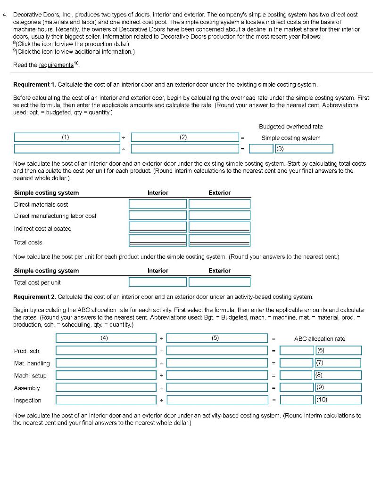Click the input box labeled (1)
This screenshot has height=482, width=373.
point(66,137)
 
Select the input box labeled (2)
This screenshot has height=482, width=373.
point(184,137)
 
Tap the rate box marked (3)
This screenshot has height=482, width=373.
point(303,149)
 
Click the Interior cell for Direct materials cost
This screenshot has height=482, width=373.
point(158,204)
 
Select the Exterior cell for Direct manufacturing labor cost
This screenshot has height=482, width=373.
point(220,216)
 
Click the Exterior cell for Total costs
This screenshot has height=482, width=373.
point(220,241)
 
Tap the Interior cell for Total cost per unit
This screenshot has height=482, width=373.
point(158,282)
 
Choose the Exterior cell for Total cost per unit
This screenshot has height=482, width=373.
point(220,282)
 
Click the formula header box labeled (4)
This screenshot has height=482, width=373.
point(106,338)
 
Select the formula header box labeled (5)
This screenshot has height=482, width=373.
point(217,338)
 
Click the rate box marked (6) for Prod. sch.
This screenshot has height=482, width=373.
point(338,351)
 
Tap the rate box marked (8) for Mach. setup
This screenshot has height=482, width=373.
point(338,376)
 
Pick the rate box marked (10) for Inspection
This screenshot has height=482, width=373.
point(338,400)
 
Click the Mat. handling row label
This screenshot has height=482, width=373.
point(32,363)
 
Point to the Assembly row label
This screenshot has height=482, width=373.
point(27,388)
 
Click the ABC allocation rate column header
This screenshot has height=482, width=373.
point(320,339)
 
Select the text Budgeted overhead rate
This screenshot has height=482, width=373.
point(290,127)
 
